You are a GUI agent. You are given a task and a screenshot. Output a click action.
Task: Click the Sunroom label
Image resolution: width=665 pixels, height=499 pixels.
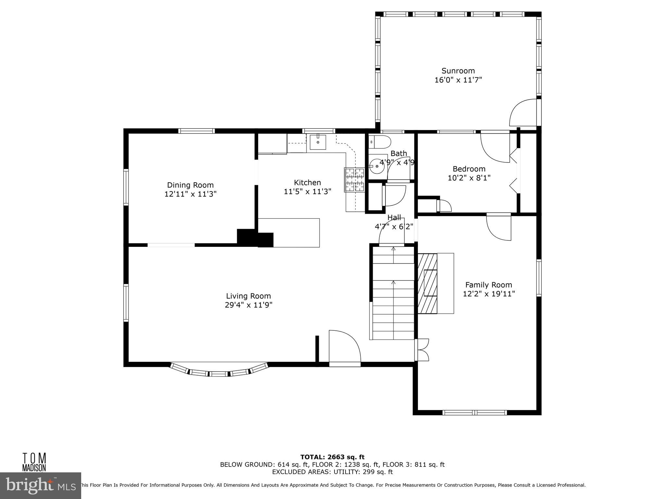(458, 71)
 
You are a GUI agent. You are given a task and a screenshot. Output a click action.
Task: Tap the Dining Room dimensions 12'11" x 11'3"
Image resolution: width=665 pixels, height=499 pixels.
(190, 194)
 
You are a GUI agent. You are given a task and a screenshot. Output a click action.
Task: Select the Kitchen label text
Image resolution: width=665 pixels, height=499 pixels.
(307, 183)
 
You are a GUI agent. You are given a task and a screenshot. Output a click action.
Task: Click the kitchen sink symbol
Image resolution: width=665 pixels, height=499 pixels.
(318, 142)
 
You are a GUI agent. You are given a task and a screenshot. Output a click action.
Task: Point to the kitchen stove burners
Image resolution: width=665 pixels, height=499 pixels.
(355, 179)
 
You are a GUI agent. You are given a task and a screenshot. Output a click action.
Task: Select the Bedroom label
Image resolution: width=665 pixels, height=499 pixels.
(469, 169)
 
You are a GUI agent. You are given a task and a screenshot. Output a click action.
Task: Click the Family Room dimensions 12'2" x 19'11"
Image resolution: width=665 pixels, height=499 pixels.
(489, 294)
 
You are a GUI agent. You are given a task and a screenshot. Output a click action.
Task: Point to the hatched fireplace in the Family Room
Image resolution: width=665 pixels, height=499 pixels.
(427, 283)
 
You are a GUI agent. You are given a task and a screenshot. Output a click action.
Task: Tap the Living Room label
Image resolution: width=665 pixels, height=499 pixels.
(248, 296)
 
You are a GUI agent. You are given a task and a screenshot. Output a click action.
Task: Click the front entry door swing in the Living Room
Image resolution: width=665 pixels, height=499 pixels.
(344, 348)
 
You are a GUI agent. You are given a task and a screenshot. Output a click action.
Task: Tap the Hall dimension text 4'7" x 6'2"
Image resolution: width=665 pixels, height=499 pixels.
(394, 227)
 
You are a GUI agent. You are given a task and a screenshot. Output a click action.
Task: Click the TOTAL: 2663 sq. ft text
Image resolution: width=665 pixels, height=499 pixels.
(332, 457)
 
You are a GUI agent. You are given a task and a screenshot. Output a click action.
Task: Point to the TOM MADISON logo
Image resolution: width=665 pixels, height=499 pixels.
(34, 462)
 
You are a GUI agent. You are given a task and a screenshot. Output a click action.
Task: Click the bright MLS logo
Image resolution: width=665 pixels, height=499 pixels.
(41, 485)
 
